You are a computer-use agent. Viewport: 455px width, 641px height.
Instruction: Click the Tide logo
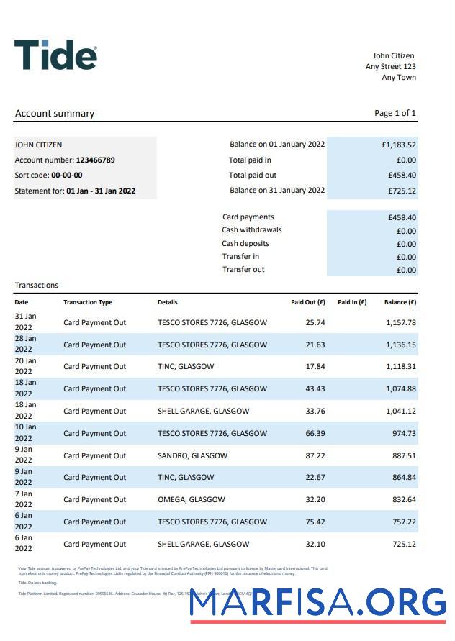pyautogui.click(x=55, y=55)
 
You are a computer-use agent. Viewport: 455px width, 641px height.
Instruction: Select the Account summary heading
pyautogui.click(x=55, y=113)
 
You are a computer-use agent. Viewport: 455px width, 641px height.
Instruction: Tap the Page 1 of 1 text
pyautogui.click(x=395, y=113)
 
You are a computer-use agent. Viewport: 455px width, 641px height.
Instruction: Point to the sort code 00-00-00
pyautogui.click(x=66, y=175)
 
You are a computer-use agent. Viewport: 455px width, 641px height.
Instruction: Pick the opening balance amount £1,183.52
pyautogui.click(x=399, y=145)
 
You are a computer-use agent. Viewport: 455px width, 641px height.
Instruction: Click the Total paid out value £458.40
pyautogui.click(x=402, y=175)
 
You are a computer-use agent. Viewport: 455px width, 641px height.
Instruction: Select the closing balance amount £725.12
pyautogui.click(x=402, y=191)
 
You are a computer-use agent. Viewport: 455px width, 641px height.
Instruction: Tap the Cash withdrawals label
pyautogui.click(x=252, y=230)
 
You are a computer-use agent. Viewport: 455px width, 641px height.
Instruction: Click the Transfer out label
pyautogui.click(x=243, y=269)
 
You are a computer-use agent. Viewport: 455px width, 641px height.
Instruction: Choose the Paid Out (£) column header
pyautogui.click(x=308, y=302)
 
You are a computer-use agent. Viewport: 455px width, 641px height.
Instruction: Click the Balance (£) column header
pyautogui.click(x=400, y=302)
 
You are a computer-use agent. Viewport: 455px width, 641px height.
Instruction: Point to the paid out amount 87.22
pyautogui.click(x=315, y=455)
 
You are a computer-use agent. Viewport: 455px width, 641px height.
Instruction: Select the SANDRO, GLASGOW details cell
pyautogui.click(x=192, y=455)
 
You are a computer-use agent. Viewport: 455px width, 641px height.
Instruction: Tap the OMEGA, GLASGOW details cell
pyautogui.click(x=191, y=499)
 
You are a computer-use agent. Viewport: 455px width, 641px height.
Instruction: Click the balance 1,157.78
pyautogui.click(x=401, y=322)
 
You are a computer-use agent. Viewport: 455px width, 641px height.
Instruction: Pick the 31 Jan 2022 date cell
pyautogui.click(x=25, y=322)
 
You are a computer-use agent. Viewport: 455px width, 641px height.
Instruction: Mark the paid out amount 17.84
pyautogui.click(x=315, y=366)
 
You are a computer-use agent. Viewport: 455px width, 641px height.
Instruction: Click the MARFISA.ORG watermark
pyautogui.click(x=317, y=605)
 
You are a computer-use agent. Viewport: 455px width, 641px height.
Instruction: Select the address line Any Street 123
pyautogui.click(x=391, y=66)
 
